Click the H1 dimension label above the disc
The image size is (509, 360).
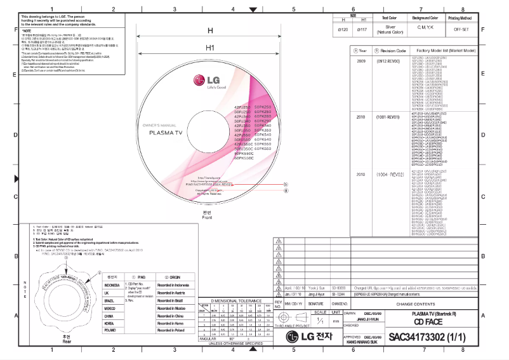(x=209, y=48)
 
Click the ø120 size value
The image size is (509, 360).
(x=343, y=29)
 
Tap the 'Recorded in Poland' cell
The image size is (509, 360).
(x=171, y=330)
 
